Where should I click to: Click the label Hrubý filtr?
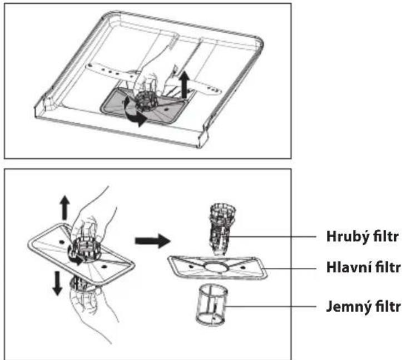[363, 237]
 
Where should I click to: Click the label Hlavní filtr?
[364, 268]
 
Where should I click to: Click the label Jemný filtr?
[363, 307]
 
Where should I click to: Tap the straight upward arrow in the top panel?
[184, 84]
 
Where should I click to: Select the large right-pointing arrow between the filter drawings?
[153, 241]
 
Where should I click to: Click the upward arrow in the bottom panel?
[65, 208]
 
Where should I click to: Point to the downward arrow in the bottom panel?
[57, 283]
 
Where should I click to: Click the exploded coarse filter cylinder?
[222, 229]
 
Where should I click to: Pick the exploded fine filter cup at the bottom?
[211, 306]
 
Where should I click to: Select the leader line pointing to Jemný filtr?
[270, 307]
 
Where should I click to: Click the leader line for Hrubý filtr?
[272, 237]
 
